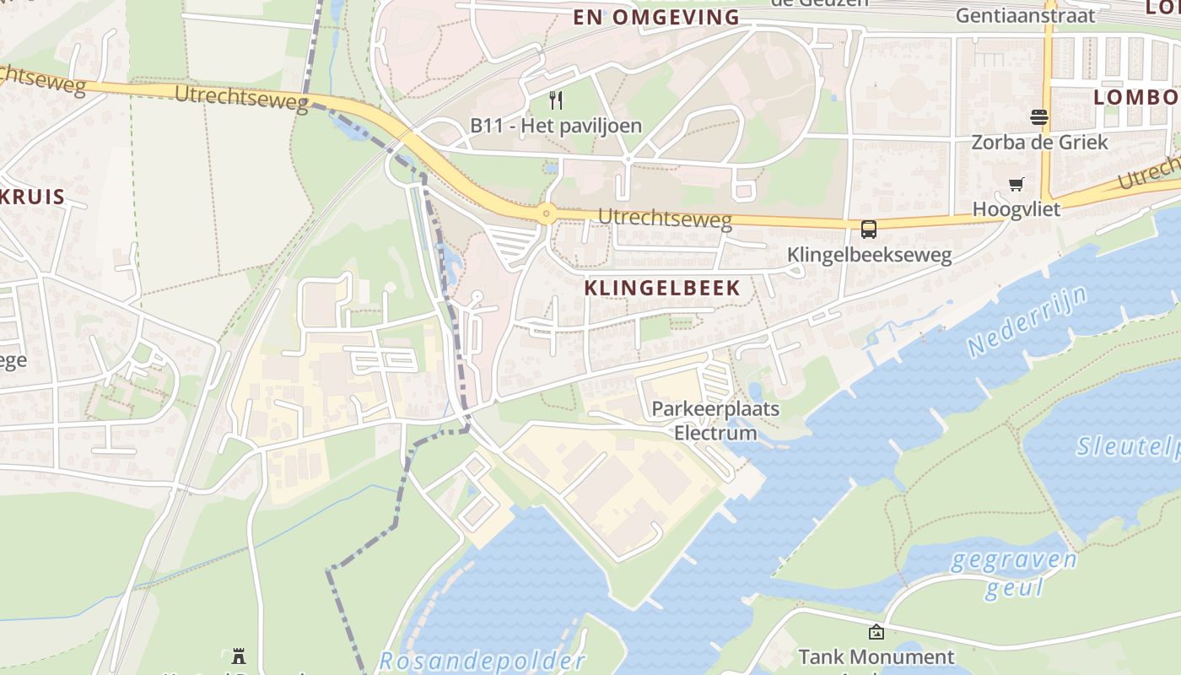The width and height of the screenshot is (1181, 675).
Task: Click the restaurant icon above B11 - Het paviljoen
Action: pyautogui.click(x=555, y=101)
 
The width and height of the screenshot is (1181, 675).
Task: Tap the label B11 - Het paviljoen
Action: pyautogui.click(x=555, y=126)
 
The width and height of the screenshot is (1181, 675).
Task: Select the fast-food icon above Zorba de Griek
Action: pyautogui.click(x=1038, y=117)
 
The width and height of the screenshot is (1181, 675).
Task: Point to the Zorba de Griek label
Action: pyautogui.click(x=1039, y=142)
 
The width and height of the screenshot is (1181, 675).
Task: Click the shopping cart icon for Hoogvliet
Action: pyautogui.click(x=1017, y=184)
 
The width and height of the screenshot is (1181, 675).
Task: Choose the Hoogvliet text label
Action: pyautogui.click(x=1016, y=208)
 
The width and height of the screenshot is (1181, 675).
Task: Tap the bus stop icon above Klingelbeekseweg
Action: pyautogui.click(x=868, y=229)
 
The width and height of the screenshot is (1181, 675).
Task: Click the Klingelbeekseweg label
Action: pyautogui.click(x=869, y=254)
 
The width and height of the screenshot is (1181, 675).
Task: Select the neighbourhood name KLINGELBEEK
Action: pyautogui.click(x=662, y=288)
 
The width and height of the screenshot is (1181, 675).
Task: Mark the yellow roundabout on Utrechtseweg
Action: pyautogui.click(x=547, y=213)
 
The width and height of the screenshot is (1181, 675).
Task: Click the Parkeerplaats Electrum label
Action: pyautogui.click(x=715, y=421)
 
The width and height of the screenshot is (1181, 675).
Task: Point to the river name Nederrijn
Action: pyautogui.click(x=1027, y=321)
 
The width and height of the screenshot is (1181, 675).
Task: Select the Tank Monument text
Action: pyautogui.click(x=876, y=656)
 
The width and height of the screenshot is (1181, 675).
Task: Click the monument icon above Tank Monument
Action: pyautogui.click(x=876, y=631)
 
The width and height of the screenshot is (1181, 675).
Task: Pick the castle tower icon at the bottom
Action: pyautogui.click(x=239, y=656)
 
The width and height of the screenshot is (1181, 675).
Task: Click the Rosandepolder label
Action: pyautogui.click(x=482, y=661)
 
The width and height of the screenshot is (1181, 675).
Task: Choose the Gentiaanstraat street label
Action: pyautogui.click(x=1025, y=15)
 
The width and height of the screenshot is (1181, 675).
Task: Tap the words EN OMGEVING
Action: pyautogui.click(x=656, y=17)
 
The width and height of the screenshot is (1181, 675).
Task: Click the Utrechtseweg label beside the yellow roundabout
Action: pyautogui.click(x=665, y=219)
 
